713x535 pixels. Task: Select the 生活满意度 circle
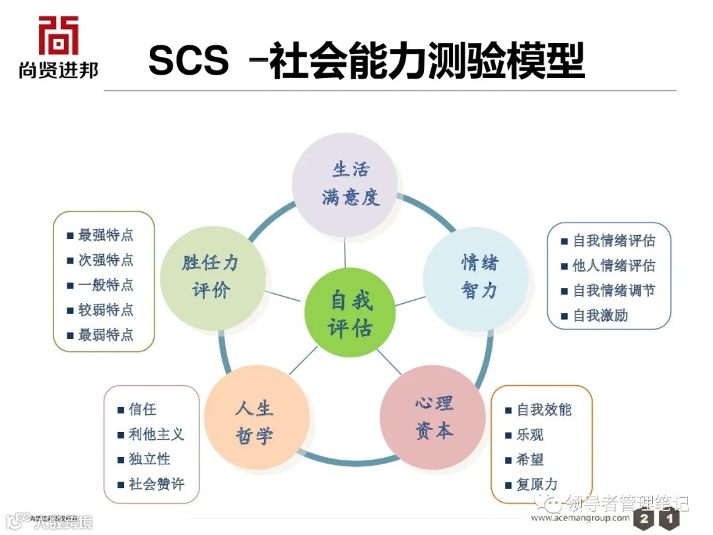click(x=345, y=184)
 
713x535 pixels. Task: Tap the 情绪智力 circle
click(x=475, y=277)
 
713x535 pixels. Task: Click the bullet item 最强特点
click(x=105, y=235)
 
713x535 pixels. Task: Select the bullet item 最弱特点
click(x=105, y=335)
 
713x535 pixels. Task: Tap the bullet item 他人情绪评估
click(x=613, y=266)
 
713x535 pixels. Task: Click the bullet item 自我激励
click(x=600, y=316)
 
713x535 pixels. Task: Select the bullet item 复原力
click(x=536, y=485)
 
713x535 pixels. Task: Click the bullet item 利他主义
click(x=156, y=434)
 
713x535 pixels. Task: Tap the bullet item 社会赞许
click(x=156, y=484)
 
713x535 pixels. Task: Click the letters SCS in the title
click(x=189, y=61)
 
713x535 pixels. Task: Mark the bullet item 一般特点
click(x=105, y=285)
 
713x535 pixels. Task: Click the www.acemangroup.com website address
click(x=580, y=518)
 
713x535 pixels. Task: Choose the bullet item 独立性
click(x=149, y=459)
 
